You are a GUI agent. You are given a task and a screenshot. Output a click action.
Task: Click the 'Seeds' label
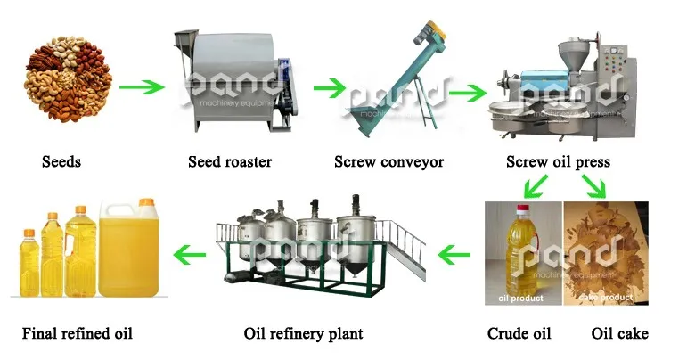61,162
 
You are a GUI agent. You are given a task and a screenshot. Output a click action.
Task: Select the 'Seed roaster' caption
230,162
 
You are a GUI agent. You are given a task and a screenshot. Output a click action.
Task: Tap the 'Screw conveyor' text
388,162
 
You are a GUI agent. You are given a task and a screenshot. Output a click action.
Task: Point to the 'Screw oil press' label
558,162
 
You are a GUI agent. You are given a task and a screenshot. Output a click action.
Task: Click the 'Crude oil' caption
519,334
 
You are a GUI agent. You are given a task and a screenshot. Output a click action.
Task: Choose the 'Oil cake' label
619,334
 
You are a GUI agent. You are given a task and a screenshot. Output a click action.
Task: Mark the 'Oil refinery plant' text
303,334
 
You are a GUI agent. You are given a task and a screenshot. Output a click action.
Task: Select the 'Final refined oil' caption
77,334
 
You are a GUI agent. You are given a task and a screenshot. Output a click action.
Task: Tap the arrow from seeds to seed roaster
143,88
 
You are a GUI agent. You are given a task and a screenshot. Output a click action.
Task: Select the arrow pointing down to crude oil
536,186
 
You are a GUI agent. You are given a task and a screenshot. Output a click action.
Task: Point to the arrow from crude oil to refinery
455,257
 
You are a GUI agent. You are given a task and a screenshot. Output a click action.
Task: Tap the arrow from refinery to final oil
190,257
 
